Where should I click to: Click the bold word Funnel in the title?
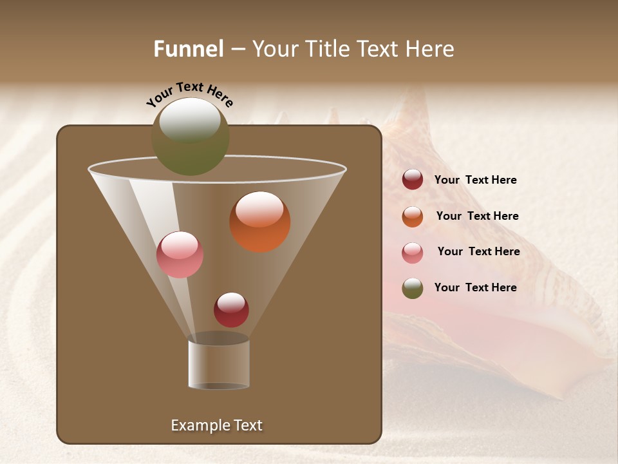(189, 49)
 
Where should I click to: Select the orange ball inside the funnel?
(260, 222)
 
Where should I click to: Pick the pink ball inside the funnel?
(180, 255)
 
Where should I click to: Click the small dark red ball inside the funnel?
(231, 310)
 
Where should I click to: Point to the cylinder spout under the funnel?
(219, 364)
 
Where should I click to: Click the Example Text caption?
(216, 425)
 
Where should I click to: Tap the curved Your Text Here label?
(189, 94)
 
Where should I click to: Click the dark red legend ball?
(413, 180)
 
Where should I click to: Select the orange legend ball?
(413, 217)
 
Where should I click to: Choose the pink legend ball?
(413, 253)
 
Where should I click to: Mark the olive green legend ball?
(413, 288)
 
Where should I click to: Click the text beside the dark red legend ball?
(475, 180)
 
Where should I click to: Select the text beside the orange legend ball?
(477, 217)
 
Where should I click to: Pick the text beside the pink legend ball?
(478, 252)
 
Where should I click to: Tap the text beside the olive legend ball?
(475, 288)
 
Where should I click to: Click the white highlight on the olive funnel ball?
(190, 121)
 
